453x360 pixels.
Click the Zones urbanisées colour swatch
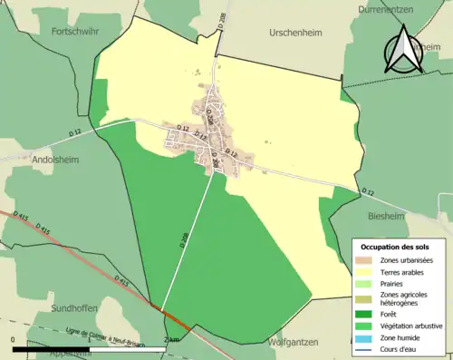coord(366,261)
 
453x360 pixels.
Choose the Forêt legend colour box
coord(366,315)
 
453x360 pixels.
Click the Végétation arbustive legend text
coord(418,327)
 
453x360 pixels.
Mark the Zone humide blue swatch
coord(366,338)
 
